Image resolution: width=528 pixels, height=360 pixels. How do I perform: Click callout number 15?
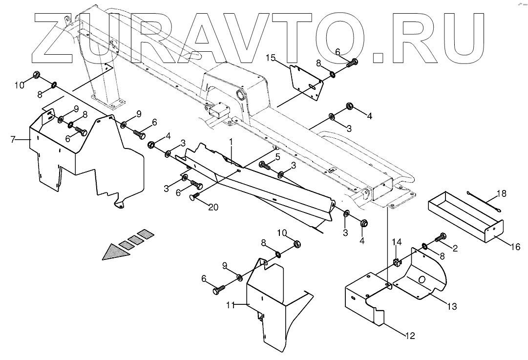pyautogui.click(x=271, y=59)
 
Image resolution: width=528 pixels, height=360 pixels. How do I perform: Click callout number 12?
pyautogui.click(x=409, y=336)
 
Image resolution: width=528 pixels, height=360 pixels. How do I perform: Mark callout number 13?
pyautogui.click(x=451, y=306)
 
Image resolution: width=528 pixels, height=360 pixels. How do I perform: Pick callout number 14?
pyautogui.click(x=397, y=242)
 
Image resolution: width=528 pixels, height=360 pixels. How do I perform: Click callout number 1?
pyautogui.click(x=231, y=141)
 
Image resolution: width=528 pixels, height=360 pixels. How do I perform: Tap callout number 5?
pyautogui.click(x=277, y=157)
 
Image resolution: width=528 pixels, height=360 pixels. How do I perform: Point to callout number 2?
pyautogui.click(x=455, y=248)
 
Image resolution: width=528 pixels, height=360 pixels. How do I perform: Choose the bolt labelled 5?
pyautogui.click(x=264, y=165)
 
